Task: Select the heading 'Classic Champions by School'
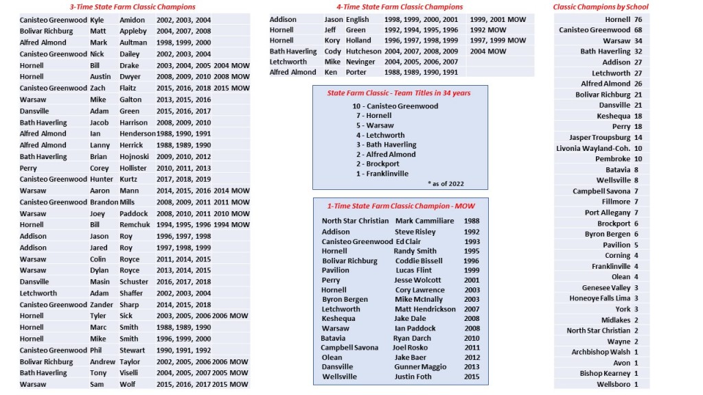(601, 7)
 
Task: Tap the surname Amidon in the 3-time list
(132, 20)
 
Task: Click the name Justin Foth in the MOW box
(413, 376)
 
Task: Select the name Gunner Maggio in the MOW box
(419, 367)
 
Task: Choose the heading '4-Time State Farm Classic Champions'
(394, 7)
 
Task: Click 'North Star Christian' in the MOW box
(354, 221)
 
